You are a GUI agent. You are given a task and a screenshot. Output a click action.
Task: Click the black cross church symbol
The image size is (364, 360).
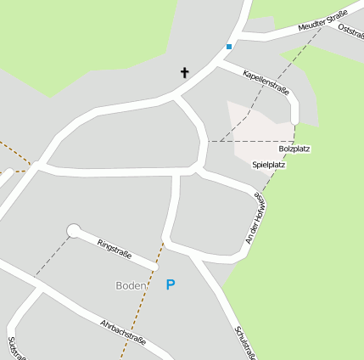click(x=184, y=72)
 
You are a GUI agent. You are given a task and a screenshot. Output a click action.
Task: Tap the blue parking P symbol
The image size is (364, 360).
click(x=171, y=285)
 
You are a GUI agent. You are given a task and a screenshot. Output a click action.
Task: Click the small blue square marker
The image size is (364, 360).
click(x=228, y=46)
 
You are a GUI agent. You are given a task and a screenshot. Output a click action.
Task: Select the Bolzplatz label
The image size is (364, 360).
click(x=294, y=149)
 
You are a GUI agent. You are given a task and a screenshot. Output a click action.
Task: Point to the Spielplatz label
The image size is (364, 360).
click(x=268, y=165)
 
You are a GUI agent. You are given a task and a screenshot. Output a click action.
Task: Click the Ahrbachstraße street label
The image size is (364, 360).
click(x=122, y=333)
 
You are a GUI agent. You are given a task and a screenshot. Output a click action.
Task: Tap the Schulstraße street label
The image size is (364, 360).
click(x=245, y=342)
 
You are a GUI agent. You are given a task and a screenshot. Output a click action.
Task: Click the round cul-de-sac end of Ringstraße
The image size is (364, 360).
click(x=74, y=230)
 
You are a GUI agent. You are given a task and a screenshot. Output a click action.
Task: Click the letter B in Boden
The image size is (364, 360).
click(x=120, y=285)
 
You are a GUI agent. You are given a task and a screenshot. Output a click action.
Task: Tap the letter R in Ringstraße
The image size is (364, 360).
click(x=100, y=240)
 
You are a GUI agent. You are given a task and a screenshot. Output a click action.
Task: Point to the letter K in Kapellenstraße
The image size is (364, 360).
click(x=245, y=73)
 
